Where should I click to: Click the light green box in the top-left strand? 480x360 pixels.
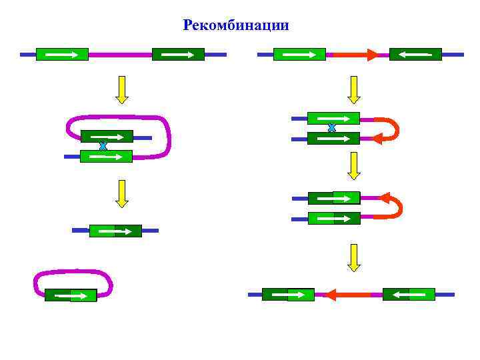click(62, 54)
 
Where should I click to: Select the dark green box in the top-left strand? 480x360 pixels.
click(178, 54)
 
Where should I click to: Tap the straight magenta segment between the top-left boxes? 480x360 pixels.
click(120, 54)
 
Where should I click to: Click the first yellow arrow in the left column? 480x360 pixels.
click(121, 89)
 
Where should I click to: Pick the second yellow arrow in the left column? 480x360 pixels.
click(121, 193)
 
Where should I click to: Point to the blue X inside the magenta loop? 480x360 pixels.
click(103, 146)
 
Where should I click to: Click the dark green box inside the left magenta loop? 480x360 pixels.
click(107, 136)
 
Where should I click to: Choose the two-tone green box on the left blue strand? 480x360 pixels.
click(115, 231)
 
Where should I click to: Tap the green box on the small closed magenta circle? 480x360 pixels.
click(71, 295)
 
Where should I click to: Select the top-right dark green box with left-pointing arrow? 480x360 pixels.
click(415, 54)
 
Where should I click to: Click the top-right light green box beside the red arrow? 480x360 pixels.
click(299, 54)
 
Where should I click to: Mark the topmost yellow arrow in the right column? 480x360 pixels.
click(354, 89)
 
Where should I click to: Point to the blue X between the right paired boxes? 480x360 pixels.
click(331, 127)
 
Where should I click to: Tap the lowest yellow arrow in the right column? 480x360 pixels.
click(354, 257)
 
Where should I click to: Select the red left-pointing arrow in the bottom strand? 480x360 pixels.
click(347, 294)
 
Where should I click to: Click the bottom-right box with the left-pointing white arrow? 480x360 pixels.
click(409, 294)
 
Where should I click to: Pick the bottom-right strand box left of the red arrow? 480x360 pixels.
click(288, 294)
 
